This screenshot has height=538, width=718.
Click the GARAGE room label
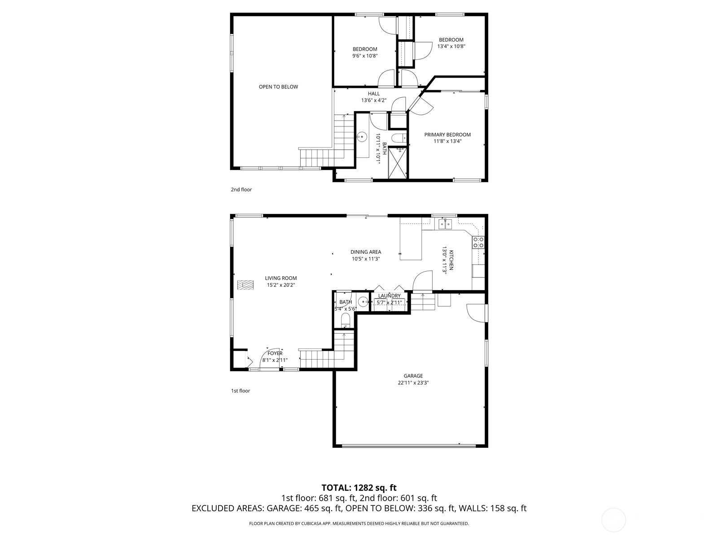pyautogui.click(x=413, y=376)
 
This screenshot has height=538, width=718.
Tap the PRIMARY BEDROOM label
pyautogui.click(x=447, y=134)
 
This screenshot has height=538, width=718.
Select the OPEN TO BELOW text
pyautogui.click(x=278, y=87)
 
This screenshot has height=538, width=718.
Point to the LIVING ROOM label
pyautogui.click(x=280, y=278)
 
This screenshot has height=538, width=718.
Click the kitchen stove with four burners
pyautogui.click(x=478, y=243)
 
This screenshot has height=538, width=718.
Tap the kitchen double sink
pyautogui.click(x=445, y=224)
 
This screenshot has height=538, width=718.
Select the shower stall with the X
pyautogui.click(x=397, y=163)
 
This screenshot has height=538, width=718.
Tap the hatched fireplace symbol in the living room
pyautogui.click(x=245, y=285)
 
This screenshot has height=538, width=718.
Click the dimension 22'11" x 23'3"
pyautogui.click(x=413, y=383)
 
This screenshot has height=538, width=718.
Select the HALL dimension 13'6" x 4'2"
pyautogui.click(x=374, y=100)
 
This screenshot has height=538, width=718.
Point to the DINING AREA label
pyautogui.click(x=366, y=252)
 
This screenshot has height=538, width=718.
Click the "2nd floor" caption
pyautogui.click(x=241, y=190)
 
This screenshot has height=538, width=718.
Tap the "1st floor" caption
pyautogui.click(x=241, y=390)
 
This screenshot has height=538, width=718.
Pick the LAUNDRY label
pyautogui.click(x=389, y=295)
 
